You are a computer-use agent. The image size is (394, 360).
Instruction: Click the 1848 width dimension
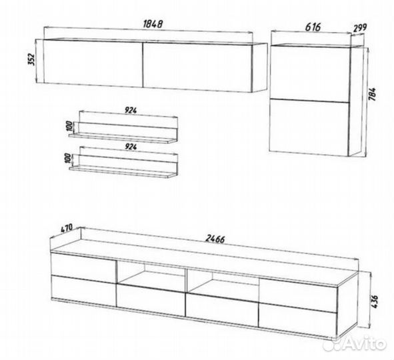click(153, 24)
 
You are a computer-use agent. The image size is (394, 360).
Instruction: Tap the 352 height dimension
click(32, 59)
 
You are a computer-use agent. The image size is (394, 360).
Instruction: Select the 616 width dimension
click(313, 27)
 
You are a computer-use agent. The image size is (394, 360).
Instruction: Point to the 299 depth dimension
click(360, 27)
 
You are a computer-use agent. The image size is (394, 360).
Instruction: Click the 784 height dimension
click(372, 94)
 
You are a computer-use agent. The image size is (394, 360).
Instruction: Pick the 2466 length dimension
click(215, 239)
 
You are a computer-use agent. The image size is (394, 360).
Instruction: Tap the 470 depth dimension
click(66, 228)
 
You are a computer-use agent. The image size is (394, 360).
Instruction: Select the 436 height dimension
click(374, 302)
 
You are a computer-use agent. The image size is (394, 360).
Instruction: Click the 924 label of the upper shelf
click(131, 110)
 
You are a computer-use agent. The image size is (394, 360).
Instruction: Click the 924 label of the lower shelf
click(131, 147)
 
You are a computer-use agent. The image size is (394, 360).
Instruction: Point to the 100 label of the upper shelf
click(69, 127)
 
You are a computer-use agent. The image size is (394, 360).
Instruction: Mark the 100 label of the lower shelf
click(68, 159)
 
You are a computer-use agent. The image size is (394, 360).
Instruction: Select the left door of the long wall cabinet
click(93, 63)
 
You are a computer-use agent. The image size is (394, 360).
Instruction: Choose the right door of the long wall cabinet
click(197, 67)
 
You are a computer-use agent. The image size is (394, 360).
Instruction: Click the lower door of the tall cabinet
click(309, 127)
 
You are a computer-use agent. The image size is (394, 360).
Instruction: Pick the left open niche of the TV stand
click(151, 275)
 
